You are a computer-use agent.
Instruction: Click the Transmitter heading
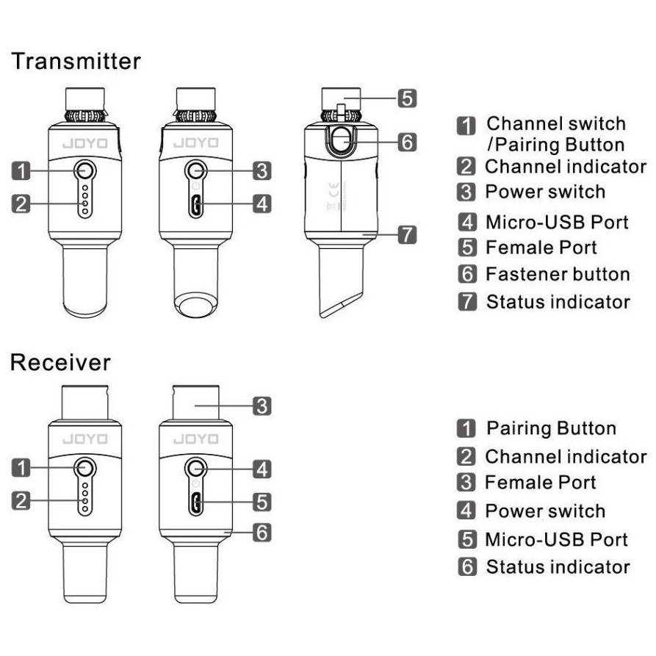click(76, 61)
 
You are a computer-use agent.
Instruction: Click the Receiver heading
click(61, 362)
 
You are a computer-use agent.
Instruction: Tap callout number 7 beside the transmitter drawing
click(408, 235)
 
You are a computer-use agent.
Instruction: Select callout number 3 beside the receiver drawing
click(262, 405)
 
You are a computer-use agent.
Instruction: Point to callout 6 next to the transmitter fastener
click(408, 141)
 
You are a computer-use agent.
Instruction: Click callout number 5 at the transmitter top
click(408, 97)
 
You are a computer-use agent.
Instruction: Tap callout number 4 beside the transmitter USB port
click(262, 203)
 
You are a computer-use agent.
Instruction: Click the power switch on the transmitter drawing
click(196, 170)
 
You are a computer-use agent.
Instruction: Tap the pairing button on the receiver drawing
click(85, 467)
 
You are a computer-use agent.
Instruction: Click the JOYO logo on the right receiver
click(195, 439)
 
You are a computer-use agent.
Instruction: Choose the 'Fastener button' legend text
click(558, 275)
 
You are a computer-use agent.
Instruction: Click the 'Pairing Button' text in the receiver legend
click(551, 428)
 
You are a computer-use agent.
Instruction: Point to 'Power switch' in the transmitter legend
click(545, 192)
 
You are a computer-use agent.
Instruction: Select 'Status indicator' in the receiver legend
click(558, 567)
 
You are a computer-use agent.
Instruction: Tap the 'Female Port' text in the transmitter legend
click(541, 248)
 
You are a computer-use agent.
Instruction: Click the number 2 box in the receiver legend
click(466, 457)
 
